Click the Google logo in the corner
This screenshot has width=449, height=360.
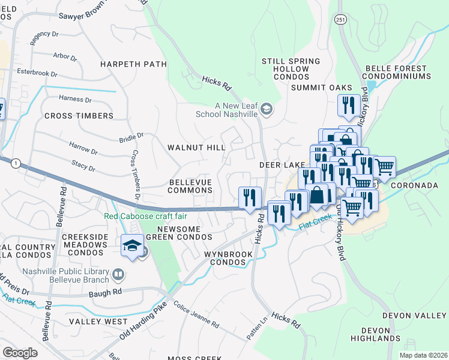(x=20, y=353)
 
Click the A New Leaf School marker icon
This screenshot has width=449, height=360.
(x=267, y=109)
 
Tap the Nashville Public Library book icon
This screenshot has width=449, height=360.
(x=119, y=275)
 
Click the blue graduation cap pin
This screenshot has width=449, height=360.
(x=131, y=245)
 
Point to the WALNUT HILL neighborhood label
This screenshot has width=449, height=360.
(x=196, y=147)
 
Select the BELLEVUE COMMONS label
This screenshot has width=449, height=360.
(x=191, y=186)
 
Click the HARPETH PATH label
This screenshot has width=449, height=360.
(x=133, y=64)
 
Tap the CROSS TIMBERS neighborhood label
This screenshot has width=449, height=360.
(x=79, y=116)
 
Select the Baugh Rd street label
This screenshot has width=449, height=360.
(x=108, y=291)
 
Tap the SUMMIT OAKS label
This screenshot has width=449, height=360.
(x=321, y=88)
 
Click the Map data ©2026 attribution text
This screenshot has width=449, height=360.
(x=423, y=355)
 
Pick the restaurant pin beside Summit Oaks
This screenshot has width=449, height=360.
(x=349, y=106)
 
